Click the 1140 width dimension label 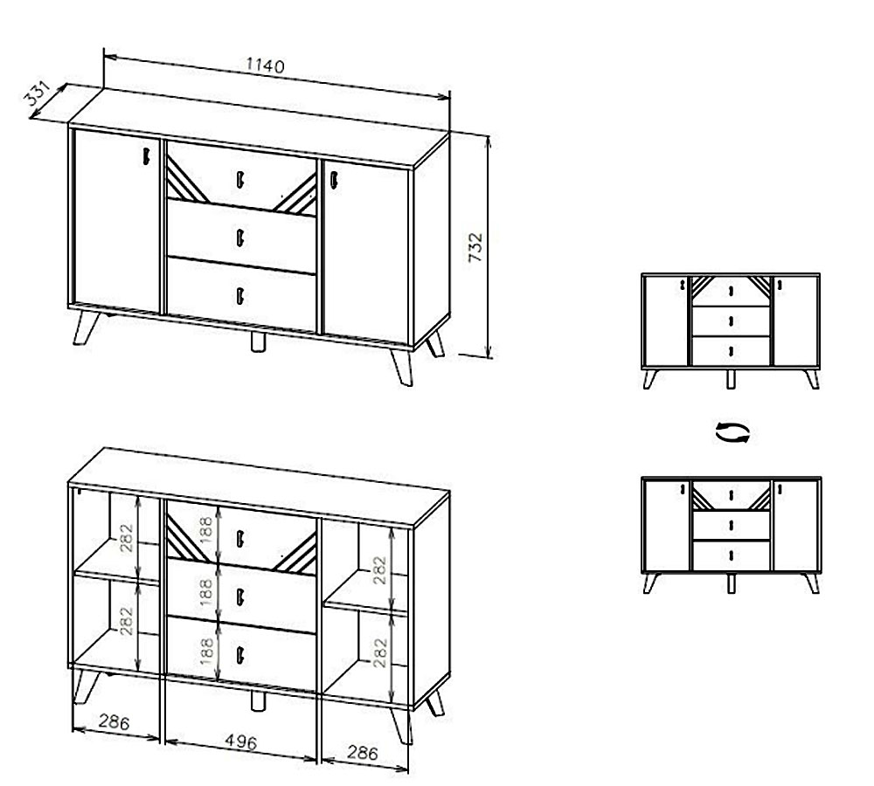(266, 65)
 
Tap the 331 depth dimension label (38, 93)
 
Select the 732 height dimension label (475, 247)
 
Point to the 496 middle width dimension (241, 742)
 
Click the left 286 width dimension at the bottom (114, 722)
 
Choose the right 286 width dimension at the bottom (363, 753)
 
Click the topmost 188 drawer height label (206, 530)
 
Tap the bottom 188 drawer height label (206, 652)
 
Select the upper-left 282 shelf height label (127, 538)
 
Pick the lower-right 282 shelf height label (379, 652)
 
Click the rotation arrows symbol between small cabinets (732, 432)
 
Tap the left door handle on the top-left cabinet (146, 156)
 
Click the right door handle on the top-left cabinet (334, 181)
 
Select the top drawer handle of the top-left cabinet (240, 179)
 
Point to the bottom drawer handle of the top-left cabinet (240, 296)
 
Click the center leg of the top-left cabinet (258, 341)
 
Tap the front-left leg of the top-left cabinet (86, 327)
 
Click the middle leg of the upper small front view (731, 379)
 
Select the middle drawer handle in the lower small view (731, 525)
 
